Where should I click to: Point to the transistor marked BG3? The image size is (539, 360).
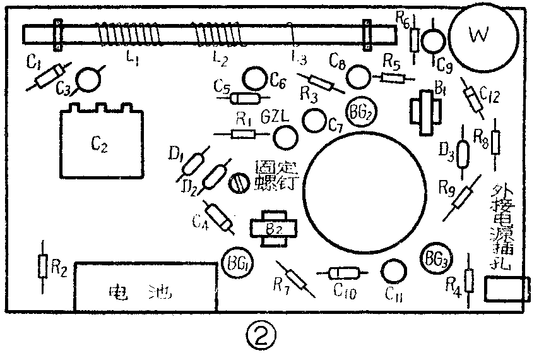click(435, 258)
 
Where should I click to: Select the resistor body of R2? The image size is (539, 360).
click(43, 266)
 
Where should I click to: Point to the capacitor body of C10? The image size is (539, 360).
click(341, 272)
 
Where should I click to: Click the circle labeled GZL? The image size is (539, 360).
click(285, 136)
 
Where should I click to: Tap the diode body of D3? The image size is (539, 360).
click(462, 153)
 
